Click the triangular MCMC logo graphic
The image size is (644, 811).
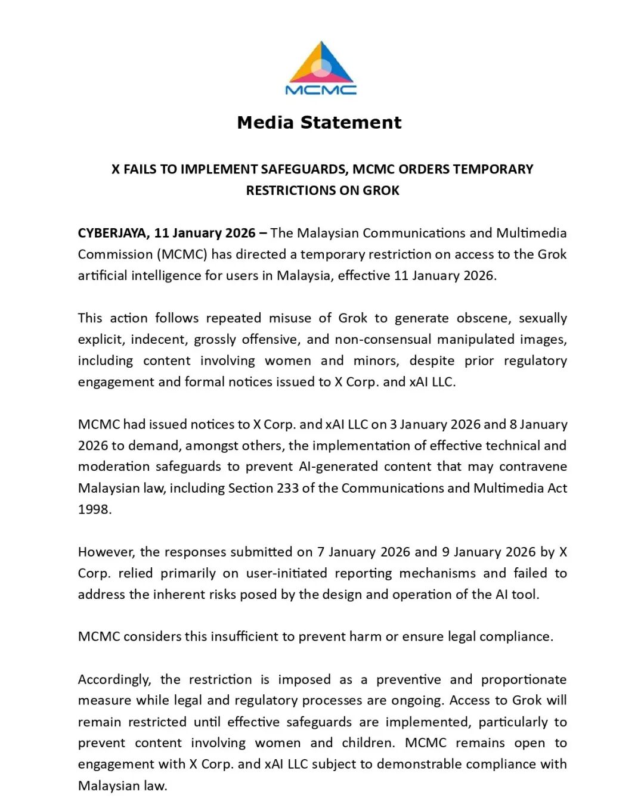tap(321, 63)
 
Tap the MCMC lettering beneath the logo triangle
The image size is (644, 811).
tap(321, 90)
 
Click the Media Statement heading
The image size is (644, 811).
tap(319, 123)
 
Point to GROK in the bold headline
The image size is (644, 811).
tap(381, 191)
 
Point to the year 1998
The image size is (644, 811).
tap(94, 509)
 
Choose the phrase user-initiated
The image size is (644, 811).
tap(286, 573)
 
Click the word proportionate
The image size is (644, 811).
tap(524, 679)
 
